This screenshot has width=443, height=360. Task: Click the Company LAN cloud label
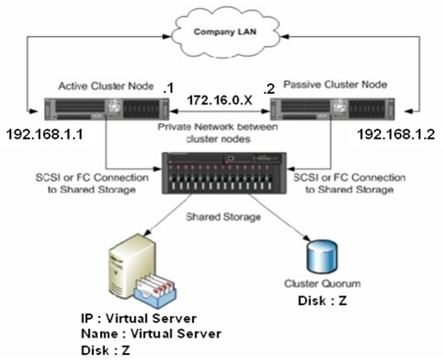(x=225, y=31)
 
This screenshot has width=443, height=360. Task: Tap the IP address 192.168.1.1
(x=45, y=134)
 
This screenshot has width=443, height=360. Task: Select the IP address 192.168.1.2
(x=396, y=134)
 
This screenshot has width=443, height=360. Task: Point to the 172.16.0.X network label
(x=220, y=101)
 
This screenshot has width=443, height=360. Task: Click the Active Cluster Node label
(x=106, y=86)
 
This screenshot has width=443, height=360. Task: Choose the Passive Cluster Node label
(x=335, y=84)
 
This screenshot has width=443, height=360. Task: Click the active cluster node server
(x=107, y=109)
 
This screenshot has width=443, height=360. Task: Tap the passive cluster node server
(x=333, y=109)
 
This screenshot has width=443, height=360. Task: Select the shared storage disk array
(x=224, y=173)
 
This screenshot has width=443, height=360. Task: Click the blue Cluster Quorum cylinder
(x=321, y=257)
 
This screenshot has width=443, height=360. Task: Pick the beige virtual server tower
(x=132, y=264)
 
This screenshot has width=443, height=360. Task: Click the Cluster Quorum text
(x=322, y=283)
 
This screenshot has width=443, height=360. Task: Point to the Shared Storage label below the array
(x=223, y=217)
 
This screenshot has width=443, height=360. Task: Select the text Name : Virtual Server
(x=151, y=333)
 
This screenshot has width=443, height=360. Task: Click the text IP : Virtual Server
(x=139, y=318)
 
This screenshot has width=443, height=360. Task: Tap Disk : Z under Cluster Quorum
(x=322, y=301)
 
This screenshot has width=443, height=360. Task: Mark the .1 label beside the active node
(x=168, y=89)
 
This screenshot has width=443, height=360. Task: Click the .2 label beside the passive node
(x=269, y=90)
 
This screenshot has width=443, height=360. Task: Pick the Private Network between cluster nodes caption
(x=218, y=133)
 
